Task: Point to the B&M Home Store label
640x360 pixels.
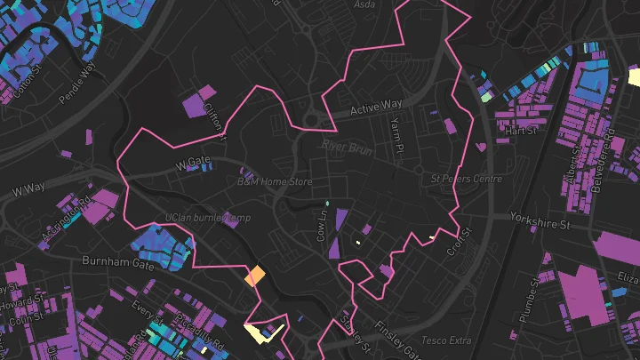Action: click(276, 180)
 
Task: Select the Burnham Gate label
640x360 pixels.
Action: click(117, 262)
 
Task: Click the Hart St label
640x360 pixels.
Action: click(521, 131)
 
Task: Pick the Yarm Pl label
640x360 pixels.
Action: click(396, 132)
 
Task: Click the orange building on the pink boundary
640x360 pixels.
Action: click(255, 276)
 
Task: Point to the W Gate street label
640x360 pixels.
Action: click(193, 164)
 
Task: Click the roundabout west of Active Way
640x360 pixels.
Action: click(312, 119)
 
